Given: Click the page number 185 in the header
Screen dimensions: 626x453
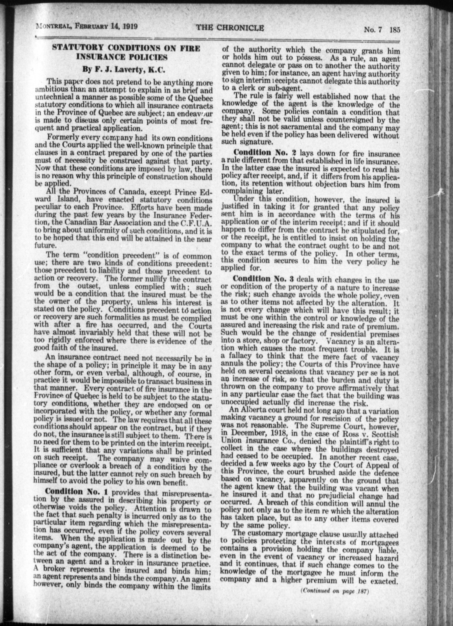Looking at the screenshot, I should coord(394,30).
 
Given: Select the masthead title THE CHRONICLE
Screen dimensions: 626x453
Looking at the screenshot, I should coord(230,28).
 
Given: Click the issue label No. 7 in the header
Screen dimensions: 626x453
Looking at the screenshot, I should coord(373,30).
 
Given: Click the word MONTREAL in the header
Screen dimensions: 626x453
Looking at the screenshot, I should coord(54,26).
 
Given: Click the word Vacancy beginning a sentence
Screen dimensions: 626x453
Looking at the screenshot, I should coord(341,341).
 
